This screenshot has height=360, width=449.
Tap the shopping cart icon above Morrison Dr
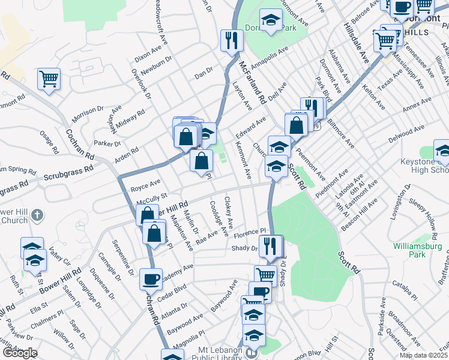coord(49,79)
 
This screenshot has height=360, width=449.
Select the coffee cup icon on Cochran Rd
coord(151,279)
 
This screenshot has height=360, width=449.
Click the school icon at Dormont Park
coord(271,20)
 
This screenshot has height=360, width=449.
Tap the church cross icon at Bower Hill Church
coord(37,214)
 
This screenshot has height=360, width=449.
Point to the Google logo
coord(19,353)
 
